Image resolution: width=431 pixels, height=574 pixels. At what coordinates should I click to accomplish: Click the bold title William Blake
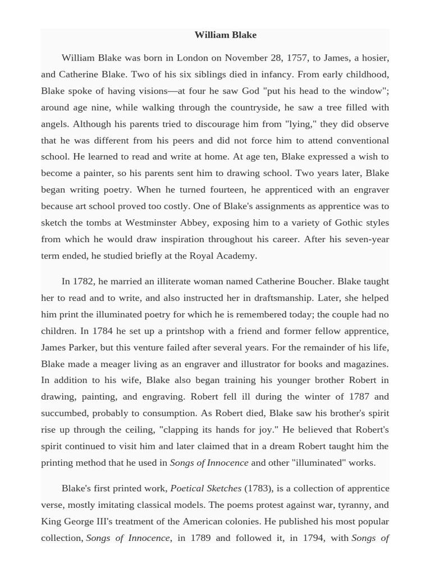coord(225,35)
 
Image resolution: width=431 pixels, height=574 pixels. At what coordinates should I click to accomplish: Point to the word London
coord(192,58)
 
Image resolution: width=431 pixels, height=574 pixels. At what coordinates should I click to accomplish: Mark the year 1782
coord(84,281)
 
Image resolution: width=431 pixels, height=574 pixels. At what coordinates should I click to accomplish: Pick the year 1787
coord(359,396)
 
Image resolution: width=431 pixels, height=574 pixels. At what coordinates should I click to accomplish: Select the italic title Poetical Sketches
coord(205,488)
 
